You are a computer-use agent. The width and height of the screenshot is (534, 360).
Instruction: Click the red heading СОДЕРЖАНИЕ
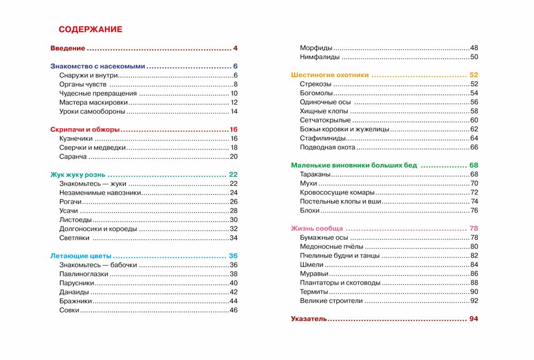(x=90, y=29)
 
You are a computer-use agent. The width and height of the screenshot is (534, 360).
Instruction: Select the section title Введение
(x=68, y=49)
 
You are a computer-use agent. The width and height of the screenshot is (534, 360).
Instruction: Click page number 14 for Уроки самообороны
(x=234, y=112)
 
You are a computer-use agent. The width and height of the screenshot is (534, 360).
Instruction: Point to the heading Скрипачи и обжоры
(x=84, y=130)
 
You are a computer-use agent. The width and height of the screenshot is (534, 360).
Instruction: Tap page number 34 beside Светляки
(x=233, y=238)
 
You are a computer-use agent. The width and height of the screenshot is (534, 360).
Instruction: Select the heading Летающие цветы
(x=81, y=256)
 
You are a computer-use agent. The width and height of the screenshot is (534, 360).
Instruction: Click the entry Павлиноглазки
(x=84, y=274)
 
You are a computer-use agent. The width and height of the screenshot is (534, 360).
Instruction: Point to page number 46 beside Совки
(x=233, y=310)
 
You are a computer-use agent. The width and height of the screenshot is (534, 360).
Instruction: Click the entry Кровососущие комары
(x=337, y=192)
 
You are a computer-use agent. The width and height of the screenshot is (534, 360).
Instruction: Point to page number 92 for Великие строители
(x=474, y=301)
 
